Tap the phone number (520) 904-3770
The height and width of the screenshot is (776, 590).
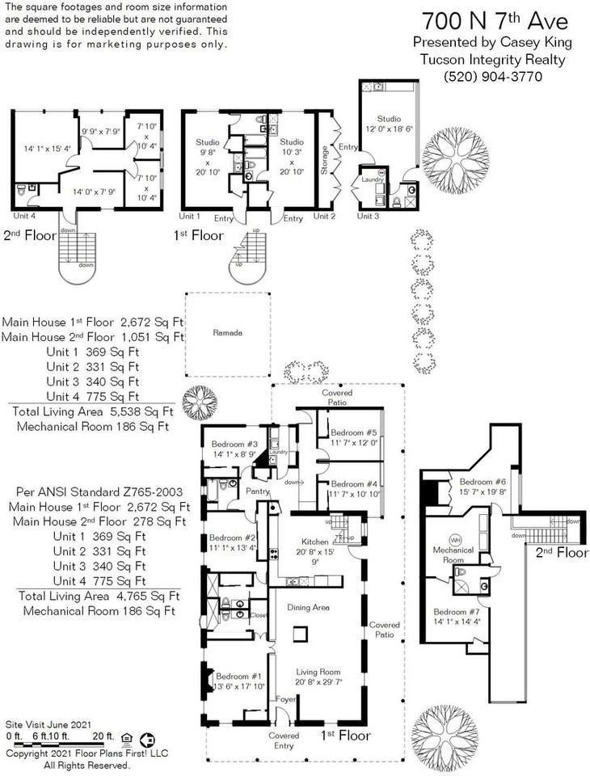click(481, 77)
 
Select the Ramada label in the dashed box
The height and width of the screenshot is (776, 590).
click(227, 332)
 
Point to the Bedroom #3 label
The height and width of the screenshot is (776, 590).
click(234, 445)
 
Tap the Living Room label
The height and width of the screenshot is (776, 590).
click(318, 672)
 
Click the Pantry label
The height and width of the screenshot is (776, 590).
click(258, 491)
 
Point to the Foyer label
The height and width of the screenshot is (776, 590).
click(285, 699)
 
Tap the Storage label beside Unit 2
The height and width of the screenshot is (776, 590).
click(324, 160)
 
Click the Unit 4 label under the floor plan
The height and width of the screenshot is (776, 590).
click(24, 216)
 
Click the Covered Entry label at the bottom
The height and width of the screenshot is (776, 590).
click(284, 741)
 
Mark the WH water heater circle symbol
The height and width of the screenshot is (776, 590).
click(455, 540)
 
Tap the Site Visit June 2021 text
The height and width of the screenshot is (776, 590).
click(48, 724)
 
